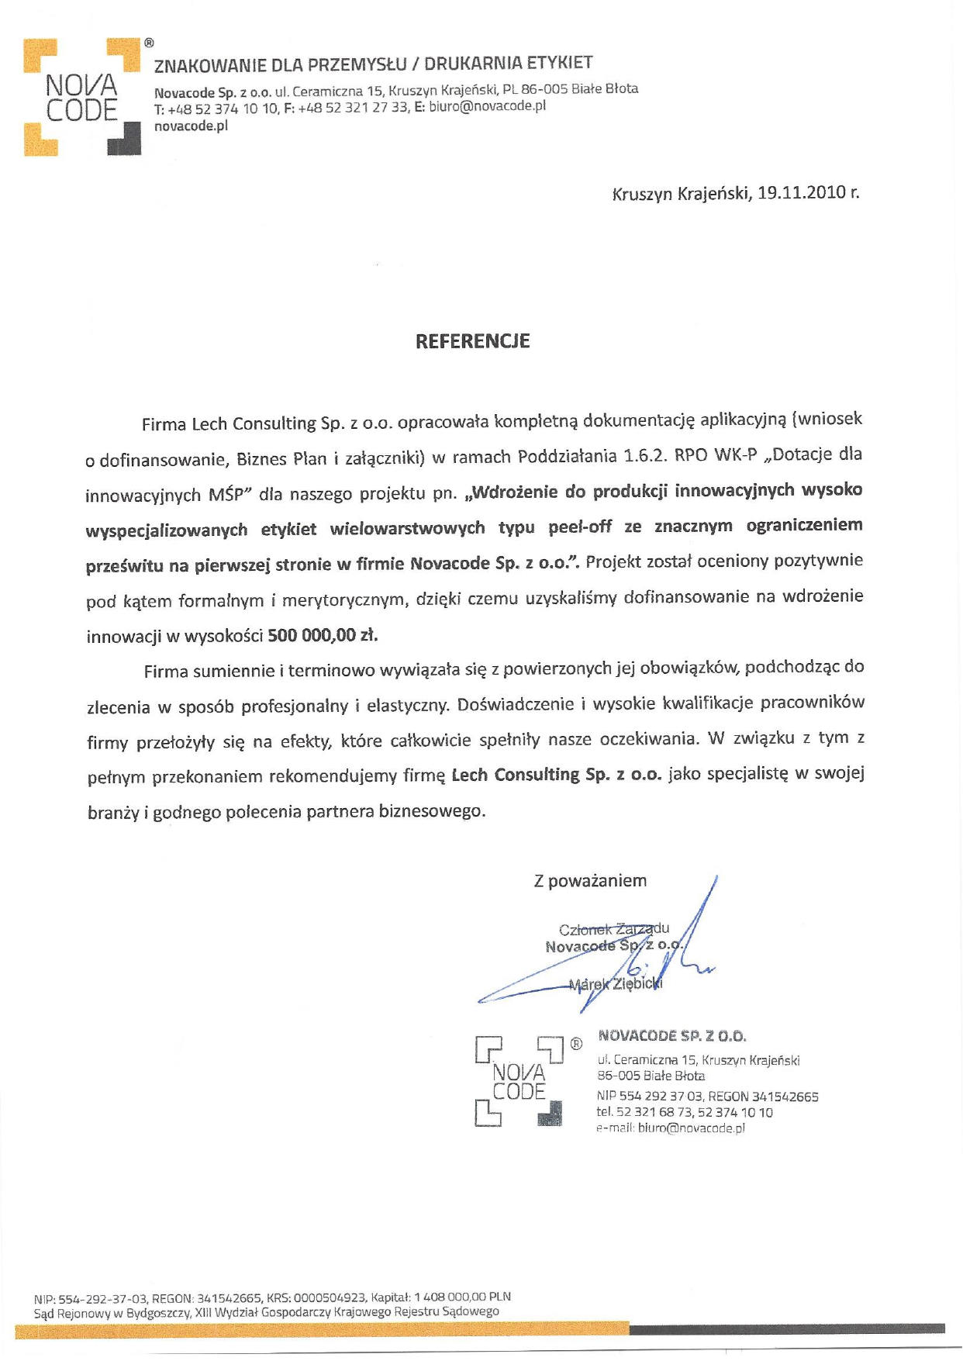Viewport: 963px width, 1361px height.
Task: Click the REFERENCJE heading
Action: pos(472,341)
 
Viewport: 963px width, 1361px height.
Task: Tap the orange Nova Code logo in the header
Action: pos(82,97)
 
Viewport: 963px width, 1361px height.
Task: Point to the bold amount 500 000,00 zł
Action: pos(323,636)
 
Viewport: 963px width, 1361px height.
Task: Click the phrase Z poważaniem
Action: pos(590,881)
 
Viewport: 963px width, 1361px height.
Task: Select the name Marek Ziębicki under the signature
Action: pos(616,985)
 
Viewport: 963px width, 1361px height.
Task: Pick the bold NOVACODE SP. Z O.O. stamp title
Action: pos(671,1036)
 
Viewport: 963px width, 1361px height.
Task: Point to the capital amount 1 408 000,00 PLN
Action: pos(462,1297)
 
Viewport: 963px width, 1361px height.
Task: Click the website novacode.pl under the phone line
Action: pos(191,126)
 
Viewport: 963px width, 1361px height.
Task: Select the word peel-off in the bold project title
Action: pos(580,527)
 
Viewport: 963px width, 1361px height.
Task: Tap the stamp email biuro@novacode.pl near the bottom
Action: pos(691,1128)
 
